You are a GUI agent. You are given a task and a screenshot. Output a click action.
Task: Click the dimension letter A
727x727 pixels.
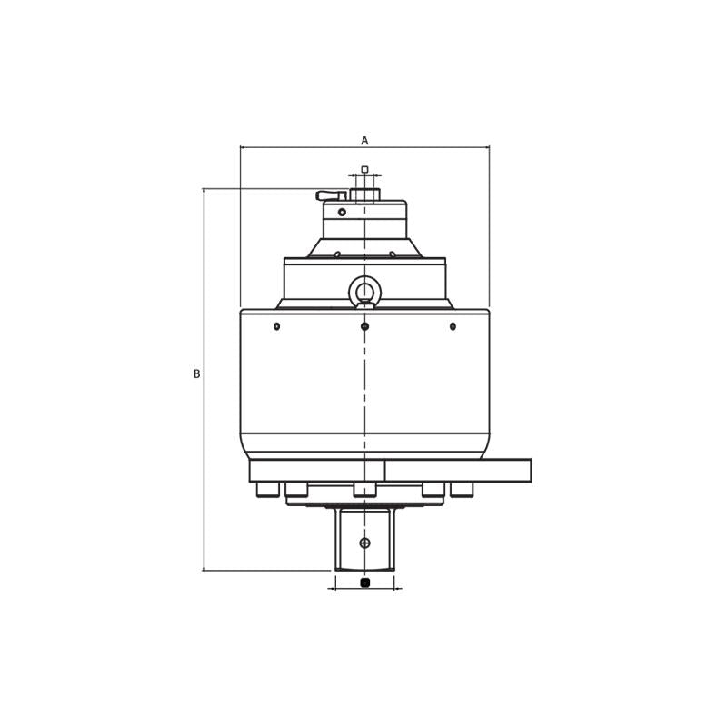pos(364,141)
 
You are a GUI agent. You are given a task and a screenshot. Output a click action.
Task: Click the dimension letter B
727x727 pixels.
pos(196,374)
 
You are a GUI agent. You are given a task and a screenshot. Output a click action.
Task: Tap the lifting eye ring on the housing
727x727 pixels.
pos(364,292)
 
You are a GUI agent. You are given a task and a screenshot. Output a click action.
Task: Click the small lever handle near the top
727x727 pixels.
pos(329,195)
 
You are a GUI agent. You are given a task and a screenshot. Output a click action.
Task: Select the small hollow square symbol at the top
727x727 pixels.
pos(364,169)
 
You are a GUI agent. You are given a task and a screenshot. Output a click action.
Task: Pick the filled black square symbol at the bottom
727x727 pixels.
pos(365,583)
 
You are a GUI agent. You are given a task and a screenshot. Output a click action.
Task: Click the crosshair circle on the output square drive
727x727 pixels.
pos(364,543)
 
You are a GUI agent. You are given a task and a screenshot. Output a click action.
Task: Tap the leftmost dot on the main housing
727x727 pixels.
pos(277,326)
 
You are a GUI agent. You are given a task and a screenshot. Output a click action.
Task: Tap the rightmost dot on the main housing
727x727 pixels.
pos(453,326)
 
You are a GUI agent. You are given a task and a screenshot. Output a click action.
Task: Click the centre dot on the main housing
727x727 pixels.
pos(364,326)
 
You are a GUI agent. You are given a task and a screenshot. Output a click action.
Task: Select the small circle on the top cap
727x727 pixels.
pos(342,213)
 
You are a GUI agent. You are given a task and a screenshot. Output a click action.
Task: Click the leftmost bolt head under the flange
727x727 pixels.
pos(267,490)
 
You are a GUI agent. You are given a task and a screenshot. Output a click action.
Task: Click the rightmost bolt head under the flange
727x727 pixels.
pos(462,490)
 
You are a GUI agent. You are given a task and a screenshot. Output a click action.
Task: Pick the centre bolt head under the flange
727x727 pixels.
pos(364,490)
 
